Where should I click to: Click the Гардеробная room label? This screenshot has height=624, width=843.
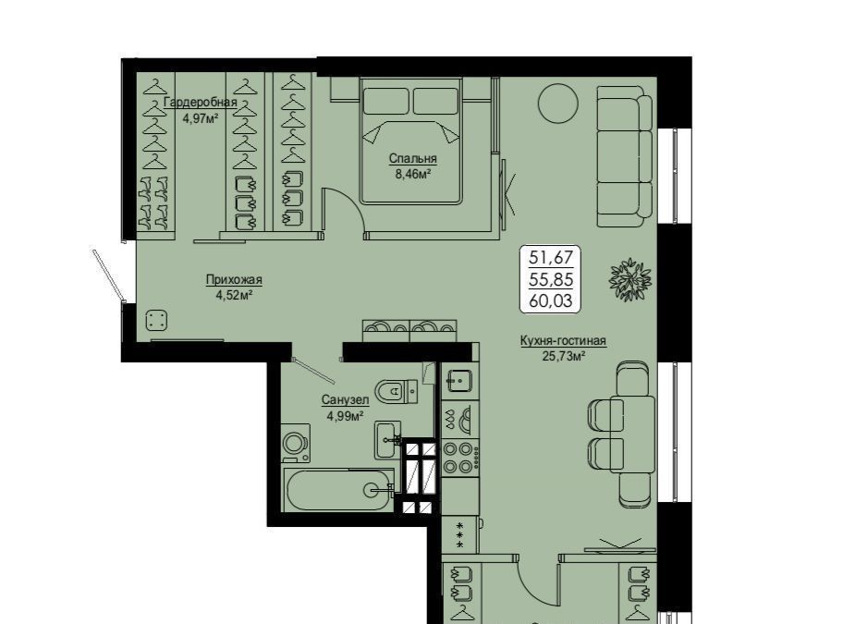pyautogui.click(x=200, y=102)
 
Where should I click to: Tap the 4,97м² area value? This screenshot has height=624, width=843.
pyautogui.click(x=201, y=118)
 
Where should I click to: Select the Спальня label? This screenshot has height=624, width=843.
pyautogui.click(x=413, y=159)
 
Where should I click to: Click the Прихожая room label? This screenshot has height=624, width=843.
pyautogui.click(x=234, y=279)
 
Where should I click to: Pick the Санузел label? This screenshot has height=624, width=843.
pyautogui.click(x=345, y=400)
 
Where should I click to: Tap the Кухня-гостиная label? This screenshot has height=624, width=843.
pyautogui.click(x=563, y=341)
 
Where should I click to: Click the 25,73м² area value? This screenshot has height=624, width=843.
pyautogui.click(x=564, y=356)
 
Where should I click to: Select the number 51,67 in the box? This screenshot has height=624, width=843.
pyautogui.click(x=551, y=257)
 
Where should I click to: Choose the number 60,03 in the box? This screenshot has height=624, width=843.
pyautogui.click(x=551, y=300)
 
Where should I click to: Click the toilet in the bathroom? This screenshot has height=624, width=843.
pyautogui.click(x=396, y=391)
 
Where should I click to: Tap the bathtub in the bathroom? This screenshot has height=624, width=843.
pyautogui.click(x=340, y=490)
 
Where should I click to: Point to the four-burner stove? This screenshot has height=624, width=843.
pyautogui.click(x=458, y=458)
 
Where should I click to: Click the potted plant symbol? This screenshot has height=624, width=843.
pyautogui.click(x=630, y=279)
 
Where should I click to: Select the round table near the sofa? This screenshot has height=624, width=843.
pyautogui.click(x=558, y=104)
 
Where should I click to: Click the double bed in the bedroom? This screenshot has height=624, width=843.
pyautogui.click(x=411, y=141)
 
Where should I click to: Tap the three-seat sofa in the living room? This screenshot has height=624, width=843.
pyautogui.click(x=625, y=156)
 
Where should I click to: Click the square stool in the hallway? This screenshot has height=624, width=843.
pyautogui.click(x=157, y=321)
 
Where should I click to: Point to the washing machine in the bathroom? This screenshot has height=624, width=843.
pyautogui.click(x=296, y=443)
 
